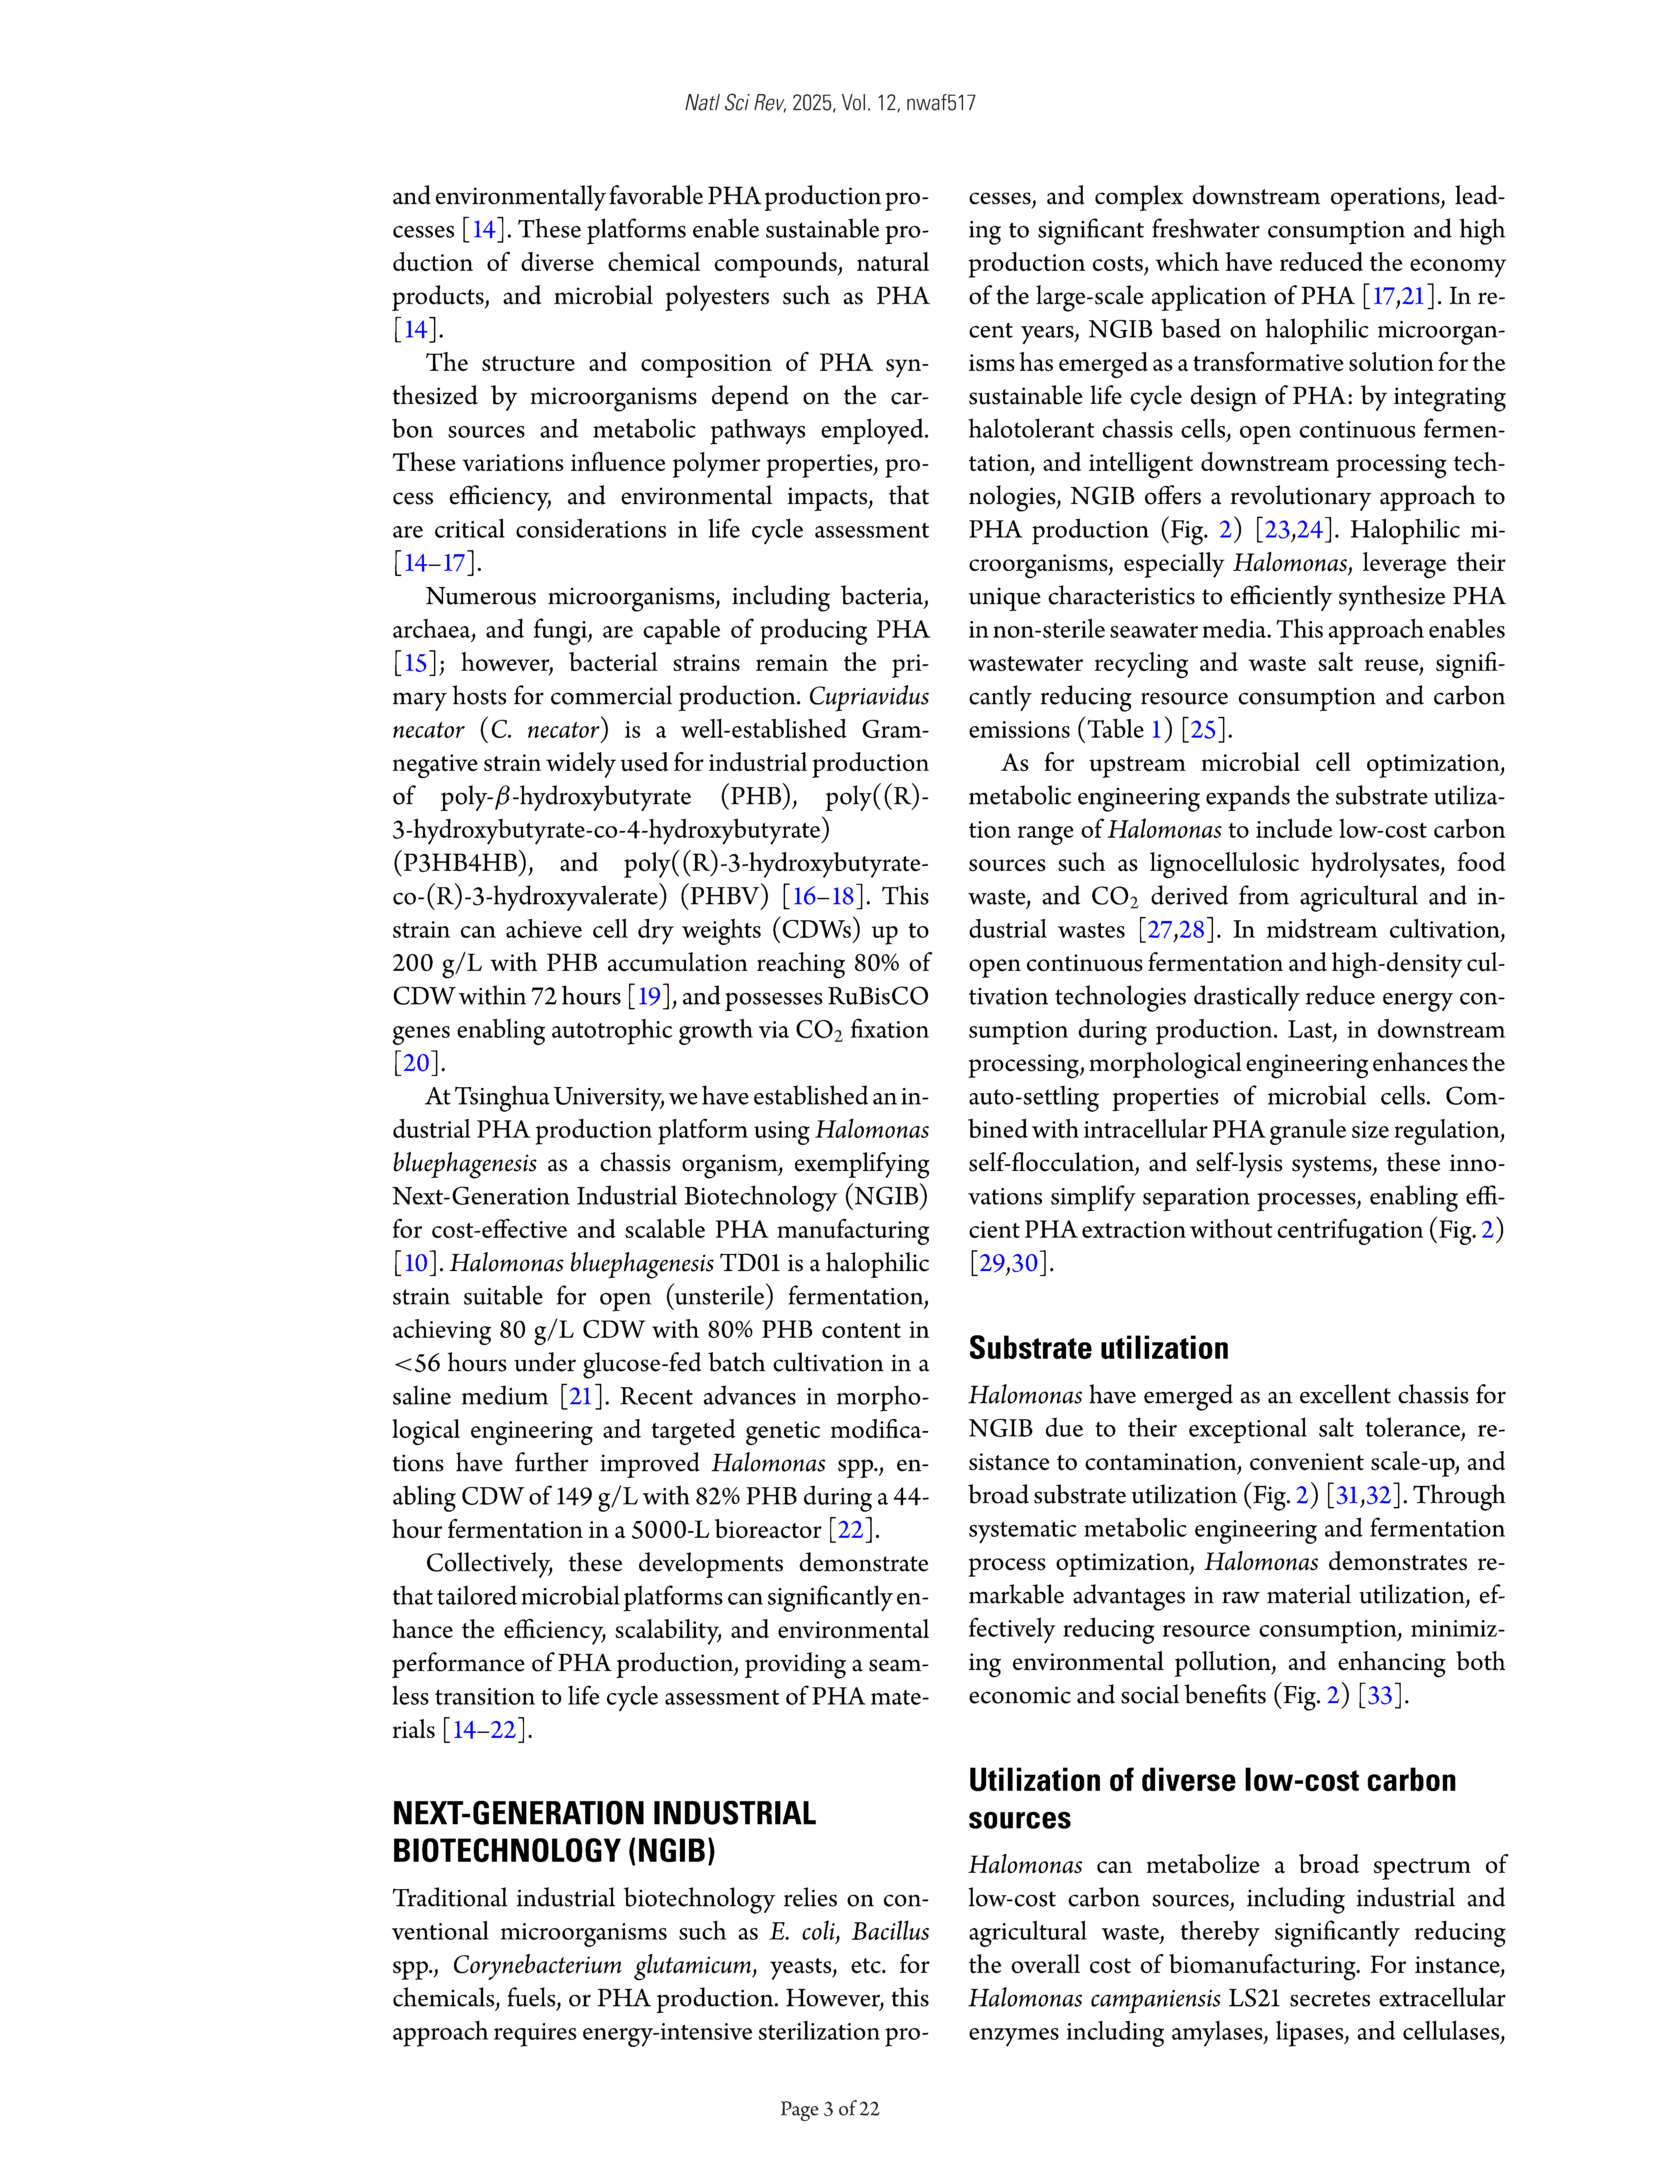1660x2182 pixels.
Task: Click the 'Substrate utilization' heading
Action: coord(1098,1348)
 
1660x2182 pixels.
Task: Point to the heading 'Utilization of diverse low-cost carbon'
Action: coord(1211,1780)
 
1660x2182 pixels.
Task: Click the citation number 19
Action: coord(648,996)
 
